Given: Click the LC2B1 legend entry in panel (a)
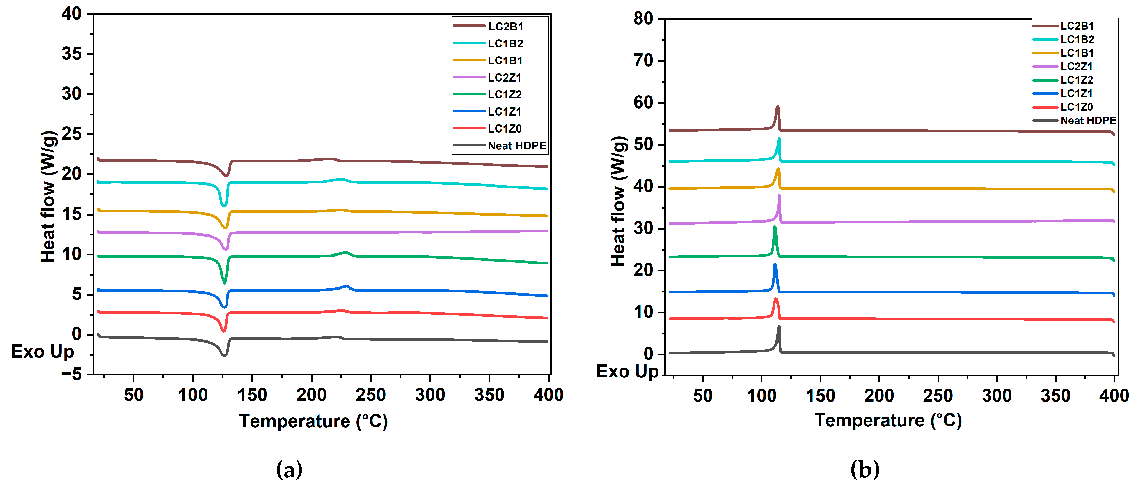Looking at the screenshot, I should (x=505, y=27).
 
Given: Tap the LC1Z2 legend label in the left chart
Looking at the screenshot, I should (x=505, y=94).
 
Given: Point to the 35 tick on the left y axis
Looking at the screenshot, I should (x=72, y=54).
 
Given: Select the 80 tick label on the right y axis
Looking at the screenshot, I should (x=643, y=19).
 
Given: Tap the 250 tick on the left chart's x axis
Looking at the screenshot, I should (x=370, y=395).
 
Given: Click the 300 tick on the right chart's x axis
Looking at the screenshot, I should (x=997, y=396).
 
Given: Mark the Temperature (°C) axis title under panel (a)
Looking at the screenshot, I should (x=313, y=421).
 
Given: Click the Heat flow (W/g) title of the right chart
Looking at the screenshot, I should (x=618, y=201).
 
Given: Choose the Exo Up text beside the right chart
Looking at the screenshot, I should (x=627, y=372).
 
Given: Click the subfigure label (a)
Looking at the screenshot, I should (x=289, y=469).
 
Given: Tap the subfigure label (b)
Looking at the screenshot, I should (x=864, y=469).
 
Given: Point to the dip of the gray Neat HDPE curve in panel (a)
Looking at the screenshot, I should (x=224, y=354).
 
